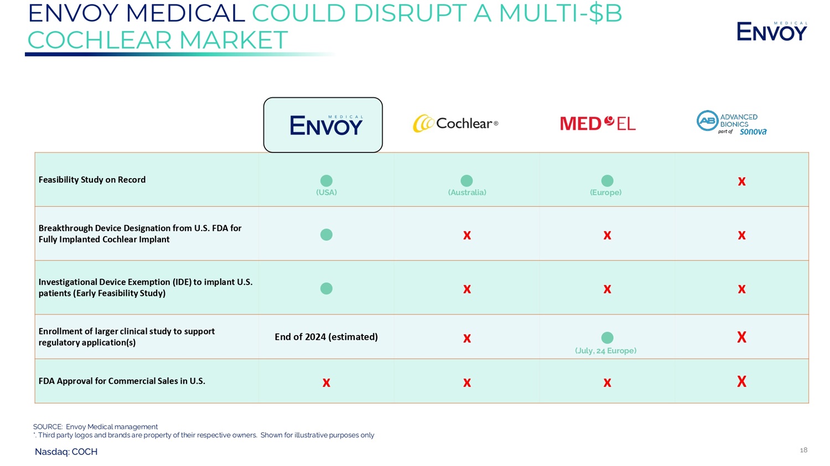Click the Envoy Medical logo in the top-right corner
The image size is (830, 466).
(771, 32)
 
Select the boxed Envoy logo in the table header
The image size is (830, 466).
(323, 125)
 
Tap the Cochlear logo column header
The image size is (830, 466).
(455, 123)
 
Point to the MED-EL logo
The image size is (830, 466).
(598, 123)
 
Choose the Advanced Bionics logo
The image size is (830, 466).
(731, 123)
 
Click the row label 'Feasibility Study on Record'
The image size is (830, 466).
(92, 180)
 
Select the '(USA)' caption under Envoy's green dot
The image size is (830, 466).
(326, 192)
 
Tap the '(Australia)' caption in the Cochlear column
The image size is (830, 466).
(467, 192)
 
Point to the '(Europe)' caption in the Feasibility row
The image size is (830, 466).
(605, 192)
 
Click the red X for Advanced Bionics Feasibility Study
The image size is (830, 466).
(741, 181)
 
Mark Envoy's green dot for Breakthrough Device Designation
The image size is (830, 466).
(326, 234)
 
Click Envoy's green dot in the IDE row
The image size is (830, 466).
(326, 289)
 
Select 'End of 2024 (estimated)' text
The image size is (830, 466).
(326, 337)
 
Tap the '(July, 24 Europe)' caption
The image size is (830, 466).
(605, 350)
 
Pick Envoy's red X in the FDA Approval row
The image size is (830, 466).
(326, 383)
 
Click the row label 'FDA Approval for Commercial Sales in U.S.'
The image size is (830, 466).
(122, 381)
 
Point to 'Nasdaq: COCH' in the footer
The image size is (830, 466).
(66, 452)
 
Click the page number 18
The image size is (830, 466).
(803, 450)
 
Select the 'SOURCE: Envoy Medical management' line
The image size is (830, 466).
(95, 427)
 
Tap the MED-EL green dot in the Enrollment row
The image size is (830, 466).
(607, 337)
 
